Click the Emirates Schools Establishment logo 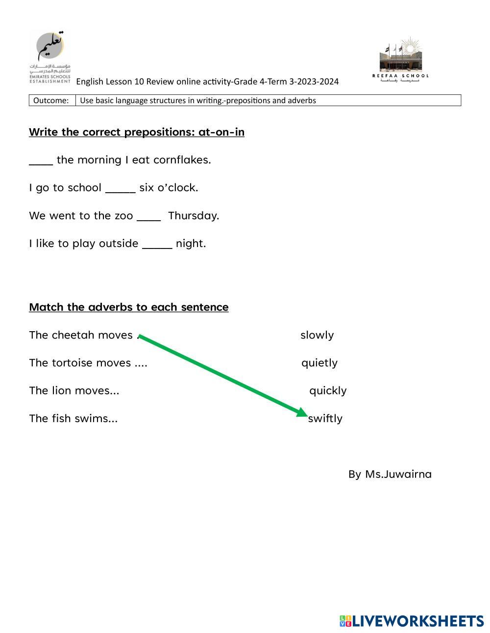coord(49,56)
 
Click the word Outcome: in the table coord(51,101)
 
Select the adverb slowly coord(317,335)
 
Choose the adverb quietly coord(319,363)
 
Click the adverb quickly coord(328,391)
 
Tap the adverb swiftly coord(325,419)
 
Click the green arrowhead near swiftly coord(302,412)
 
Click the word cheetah coord(73,335)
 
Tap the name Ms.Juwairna coord(398,475)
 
